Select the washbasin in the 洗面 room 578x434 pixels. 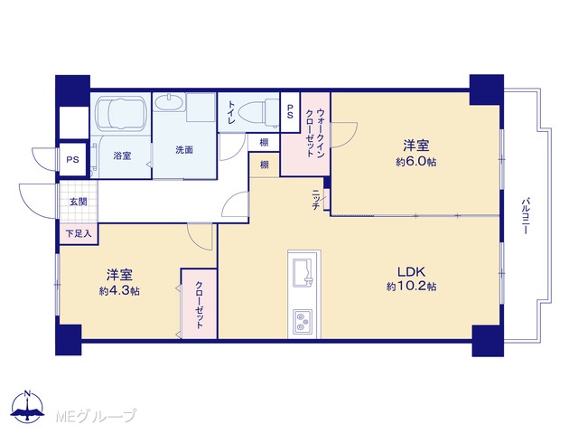(x=169, y=102)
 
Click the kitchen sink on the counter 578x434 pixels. (x=303, y=272)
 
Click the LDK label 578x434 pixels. (x=412, y=272)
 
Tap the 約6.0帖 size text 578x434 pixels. (x=415, y=162)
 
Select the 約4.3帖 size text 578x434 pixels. (x=119, y=291)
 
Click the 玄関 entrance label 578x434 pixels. (x=79, y=202)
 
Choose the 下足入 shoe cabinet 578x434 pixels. (x=79, y=233)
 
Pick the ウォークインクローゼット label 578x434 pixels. (x=315, y=133)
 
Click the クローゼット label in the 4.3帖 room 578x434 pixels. (x=199, y=305)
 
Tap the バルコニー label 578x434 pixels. (x=526, y=216)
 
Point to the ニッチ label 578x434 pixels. (x=316, y=199)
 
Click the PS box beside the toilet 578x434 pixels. (x=290, y=112)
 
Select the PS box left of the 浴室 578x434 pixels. (x=72, y=159)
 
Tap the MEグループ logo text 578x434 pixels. (x=96, y=416)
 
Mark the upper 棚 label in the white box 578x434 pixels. (x=264, y=142)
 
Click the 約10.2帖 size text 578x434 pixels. (x=412, y=287)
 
